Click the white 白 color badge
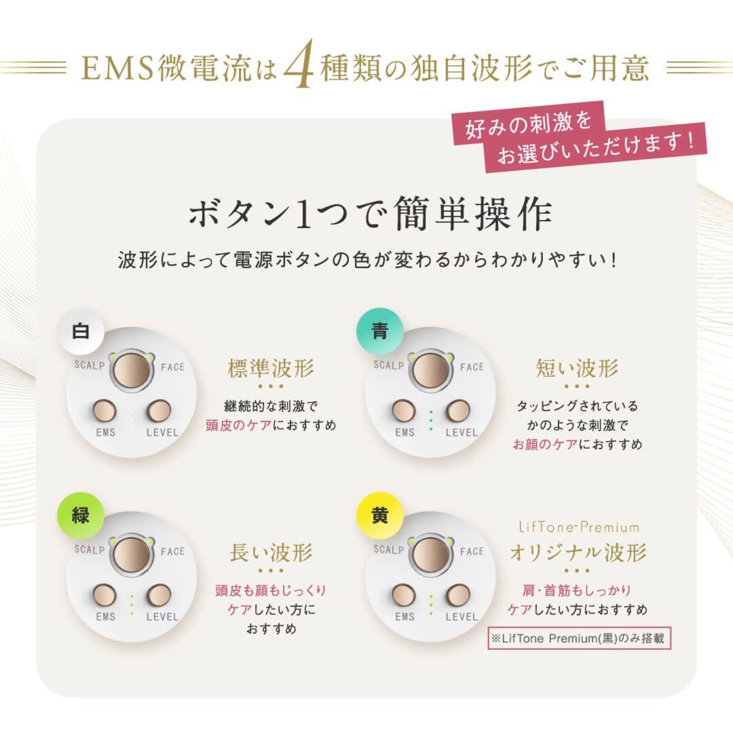click(81, 331)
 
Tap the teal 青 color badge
click(380, 331)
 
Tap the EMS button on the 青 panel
click(404, 411)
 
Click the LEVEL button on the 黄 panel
click(459, 595)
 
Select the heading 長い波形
click(271, 553)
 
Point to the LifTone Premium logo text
click(578, 527)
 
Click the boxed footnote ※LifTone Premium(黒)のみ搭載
click(577, 639)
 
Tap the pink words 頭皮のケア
click(238, 426)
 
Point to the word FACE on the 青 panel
click(472, 367)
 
